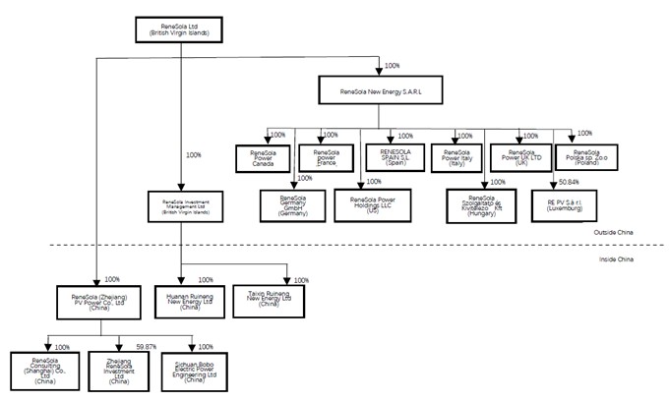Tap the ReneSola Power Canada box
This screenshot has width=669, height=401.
coord(261,158)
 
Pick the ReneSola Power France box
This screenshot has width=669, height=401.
coord(327,158)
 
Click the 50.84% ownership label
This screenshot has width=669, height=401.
coord(569,182)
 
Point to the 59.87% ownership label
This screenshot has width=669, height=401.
coord(147,347)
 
